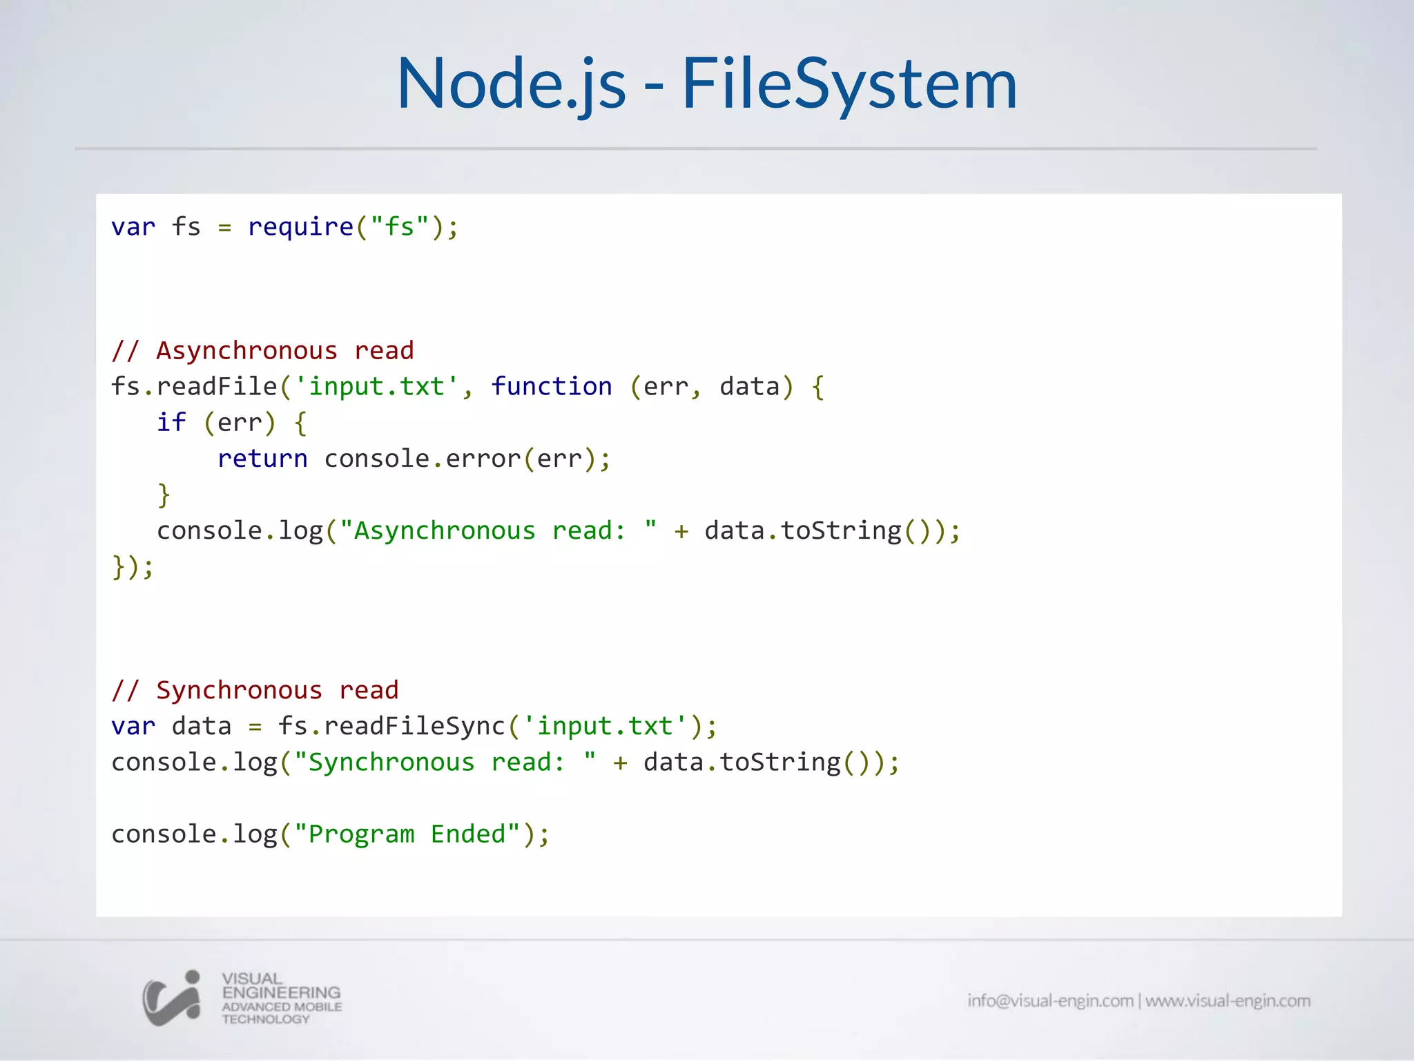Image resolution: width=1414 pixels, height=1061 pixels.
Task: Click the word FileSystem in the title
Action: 849,84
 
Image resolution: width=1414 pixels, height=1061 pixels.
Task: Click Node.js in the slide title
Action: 512,84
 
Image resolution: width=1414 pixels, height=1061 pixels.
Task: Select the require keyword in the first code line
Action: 300,227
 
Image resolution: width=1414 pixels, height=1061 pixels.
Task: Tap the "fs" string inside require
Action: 399,227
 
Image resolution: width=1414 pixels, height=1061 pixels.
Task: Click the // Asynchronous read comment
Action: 262,351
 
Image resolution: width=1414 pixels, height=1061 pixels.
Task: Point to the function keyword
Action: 551,387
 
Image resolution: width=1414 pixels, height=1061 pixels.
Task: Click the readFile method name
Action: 217,387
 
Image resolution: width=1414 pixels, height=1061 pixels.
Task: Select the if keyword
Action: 171,423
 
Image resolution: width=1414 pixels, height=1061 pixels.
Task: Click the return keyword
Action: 262,459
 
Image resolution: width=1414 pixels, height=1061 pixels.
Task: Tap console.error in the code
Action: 422,459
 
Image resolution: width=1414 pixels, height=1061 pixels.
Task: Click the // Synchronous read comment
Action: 255,690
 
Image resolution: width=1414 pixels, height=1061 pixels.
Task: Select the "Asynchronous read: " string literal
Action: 498,530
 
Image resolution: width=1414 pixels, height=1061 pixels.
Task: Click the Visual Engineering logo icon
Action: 172,998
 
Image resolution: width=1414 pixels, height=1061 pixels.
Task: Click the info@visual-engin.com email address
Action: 1049,1001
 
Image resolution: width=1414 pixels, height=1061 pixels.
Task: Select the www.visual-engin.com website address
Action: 1228,1001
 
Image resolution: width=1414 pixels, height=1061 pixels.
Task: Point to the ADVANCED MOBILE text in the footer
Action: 282,1006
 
